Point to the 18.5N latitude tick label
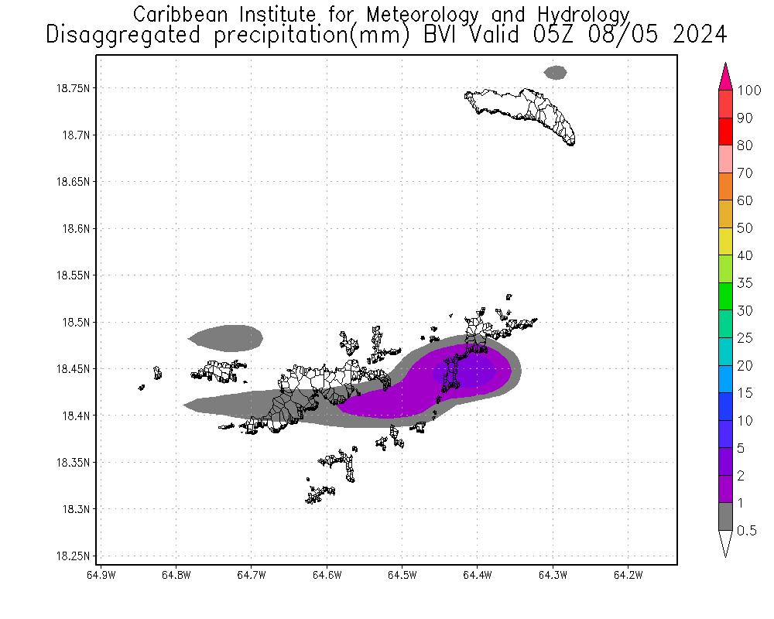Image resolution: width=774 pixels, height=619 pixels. tap(75, 322)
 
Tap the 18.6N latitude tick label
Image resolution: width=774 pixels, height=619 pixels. tap(75, 228)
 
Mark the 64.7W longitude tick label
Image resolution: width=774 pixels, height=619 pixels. tap(252, 575)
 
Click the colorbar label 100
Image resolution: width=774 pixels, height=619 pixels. tap(749, 91)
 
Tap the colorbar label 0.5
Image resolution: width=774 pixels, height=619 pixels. tap(747, 531)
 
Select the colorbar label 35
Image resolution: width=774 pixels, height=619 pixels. tap(745, 283)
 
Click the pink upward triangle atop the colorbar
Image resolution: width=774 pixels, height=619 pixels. tap(725, 77)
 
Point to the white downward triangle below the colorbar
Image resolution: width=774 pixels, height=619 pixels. tap(725, 544)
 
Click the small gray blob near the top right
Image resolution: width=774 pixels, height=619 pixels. tap(555, 72)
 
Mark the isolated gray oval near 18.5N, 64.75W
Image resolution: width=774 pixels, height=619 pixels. tap(226, 337)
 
